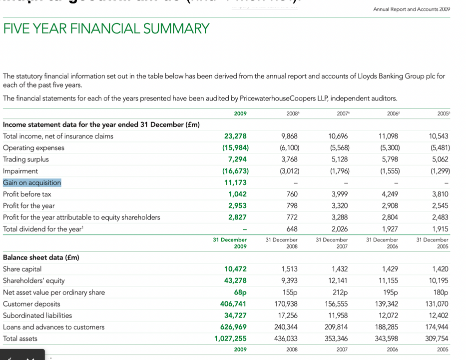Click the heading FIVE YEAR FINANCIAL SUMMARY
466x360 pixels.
point(106,29)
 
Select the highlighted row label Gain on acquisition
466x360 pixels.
point(32,182)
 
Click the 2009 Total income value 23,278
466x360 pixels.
point(235,136)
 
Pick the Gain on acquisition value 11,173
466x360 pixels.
point(236,182)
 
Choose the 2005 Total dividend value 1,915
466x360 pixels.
point(440,229)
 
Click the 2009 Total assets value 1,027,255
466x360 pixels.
point(231,338)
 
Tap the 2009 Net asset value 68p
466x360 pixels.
point(240,292)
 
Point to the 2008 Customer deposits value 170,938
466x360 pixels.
point(286,304)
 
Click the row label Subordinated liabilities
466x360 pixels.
point(37,315)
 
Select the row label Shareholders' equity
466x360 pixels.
point(34,280)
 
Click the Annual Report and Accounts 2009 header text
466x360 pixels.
point(412,9)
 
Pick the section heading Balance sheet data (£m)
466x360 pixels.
point(41,257)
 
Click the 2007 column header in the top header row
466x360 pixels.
point(343,113)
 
